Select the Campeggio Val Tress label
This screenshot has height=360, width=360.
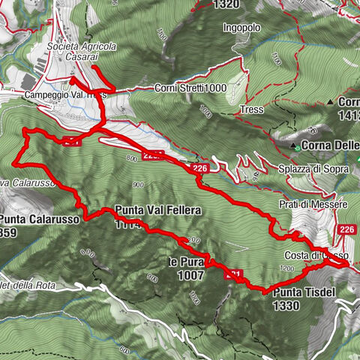[x=65, y=96]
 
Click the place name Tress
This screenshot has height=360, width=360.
[x=251, y=109]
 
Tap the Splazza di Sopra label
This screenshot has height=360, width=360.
[x=316, y=169]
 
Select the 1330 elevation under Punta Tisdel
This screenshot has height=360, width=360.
[x=287, y=305]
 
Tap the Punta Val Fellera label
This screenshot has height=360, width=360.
[x=158, y=211]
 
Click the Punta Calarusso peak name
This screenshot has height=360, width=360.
[x=30, y=220]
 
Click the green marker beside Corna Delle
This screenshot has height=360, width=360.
[x=298, y=145]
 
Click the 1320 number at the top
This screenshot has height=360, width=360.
[x=226, y=4]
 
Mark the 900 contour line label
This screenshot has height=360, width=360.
[x=137, y=184]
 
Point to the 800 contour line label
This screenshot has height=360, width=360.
[x=133, y=158]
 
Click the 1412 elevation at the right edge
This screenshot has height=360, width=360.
[x=348, y=115]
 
